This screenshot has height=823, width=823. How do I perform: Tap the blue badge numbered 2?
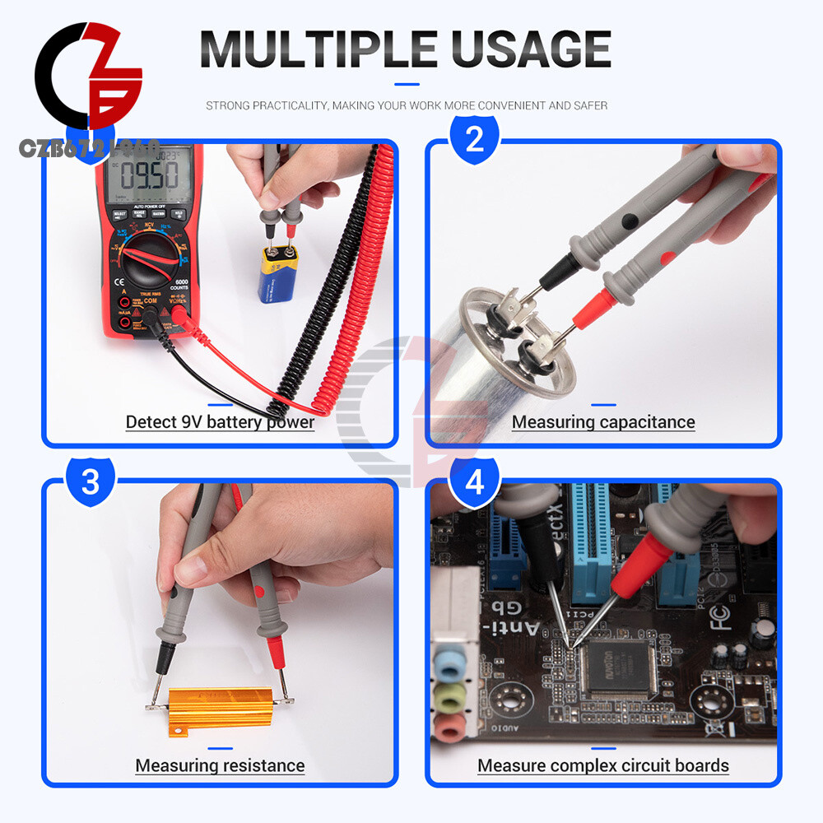click(475, 140)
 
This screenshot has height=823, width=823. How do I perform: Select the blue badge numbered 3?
click(90, 481)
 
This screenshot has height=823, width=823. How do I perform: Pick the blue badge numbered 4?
click(475, 481)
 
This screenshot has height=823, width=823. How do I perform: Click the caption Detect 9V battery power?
click(220, 422)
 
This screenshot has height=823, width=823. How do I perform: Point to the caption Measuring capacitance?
click(603, 422)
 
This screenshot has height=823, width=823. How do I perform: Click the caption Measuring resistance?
click(220, 765)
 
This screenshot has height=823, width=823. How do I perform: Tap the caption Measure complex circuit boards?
click(603, 765)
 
